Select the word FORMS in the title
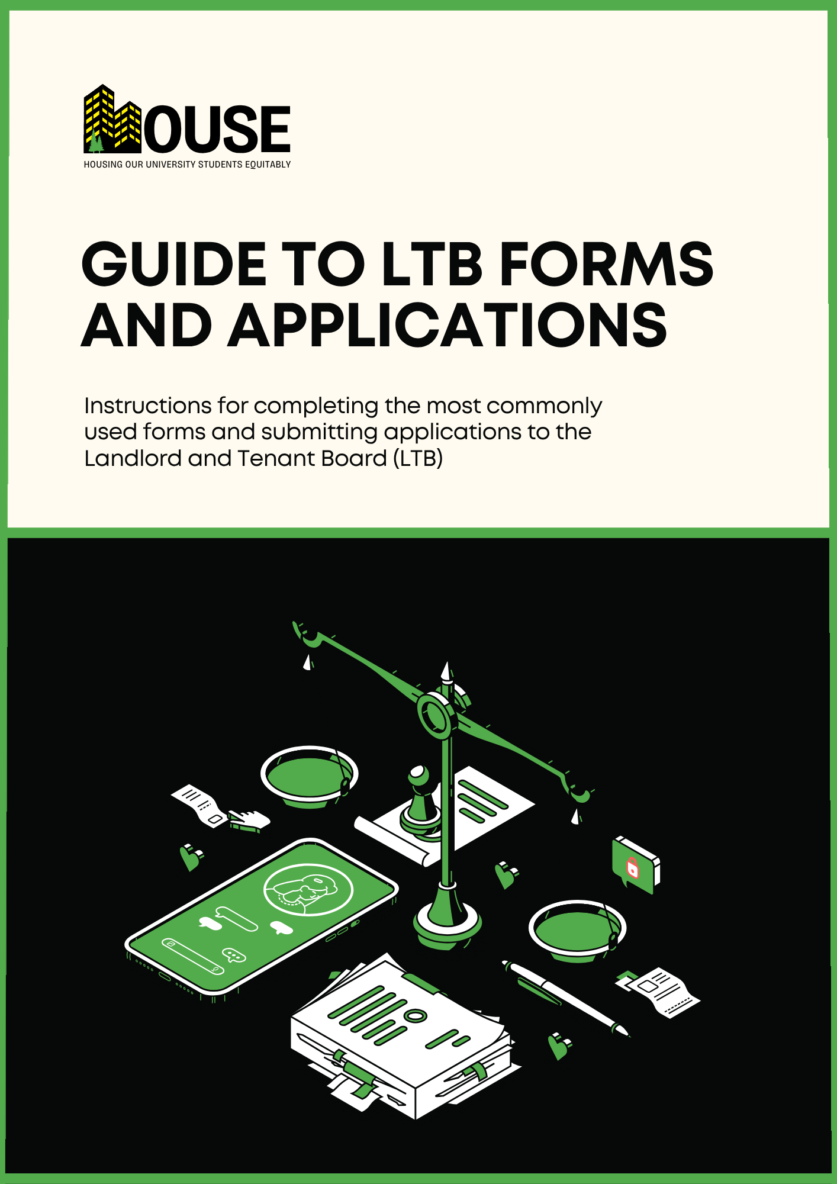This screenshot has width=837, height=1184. (x=606, y=264)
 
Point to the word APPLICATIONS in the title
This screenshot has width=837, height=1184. (x=448, y=326)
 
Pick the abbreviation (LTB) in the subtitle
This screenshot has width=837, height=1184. (x=418, y=459)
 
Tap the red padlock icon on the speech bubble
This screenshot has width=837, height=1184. (x=633, y=868)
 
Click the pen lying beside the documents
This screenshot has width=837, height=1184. (x=565, y=998)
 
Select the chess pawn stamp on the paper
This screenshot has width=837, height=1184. (x=420, y=799)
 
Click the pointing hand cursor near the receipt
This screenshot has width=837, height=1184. (x=249, y=820)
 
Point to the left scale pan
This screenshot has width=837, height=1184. (x=309, y=776)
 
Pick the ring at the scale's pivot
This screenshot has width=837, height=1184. (x=437, y=716)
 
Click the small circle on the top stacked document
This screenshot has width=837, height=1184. (x=417, y=1016)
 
